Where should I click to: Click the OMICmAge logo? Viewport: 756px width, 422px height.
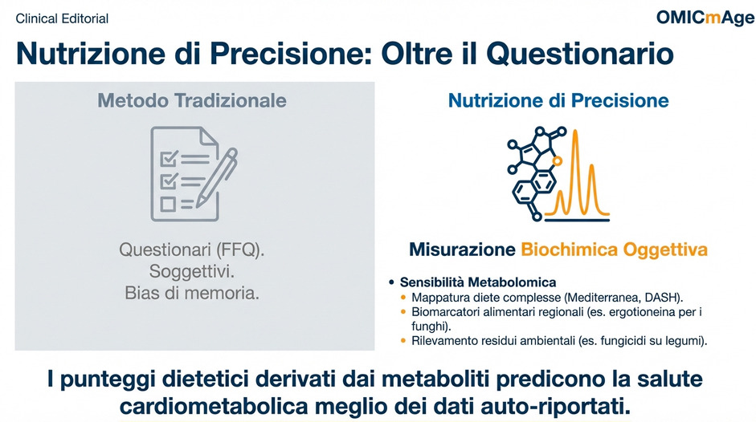point(705,18)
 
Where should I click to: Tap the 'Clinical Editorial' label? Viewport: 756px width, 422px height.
point(62,18)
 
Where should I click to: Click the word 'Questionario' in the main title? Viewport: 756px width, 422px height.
point(579,53)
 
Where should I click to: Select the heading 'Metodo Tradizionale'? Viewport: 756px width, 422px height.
point(192,100)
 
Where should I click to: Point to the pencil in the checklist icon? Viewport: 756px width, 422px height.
point(217,177)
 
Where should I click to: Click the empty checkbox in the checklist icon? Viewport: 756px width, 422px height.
point(168,205)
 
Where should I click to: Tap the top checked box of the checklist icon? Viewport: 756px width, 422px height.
point(170,159)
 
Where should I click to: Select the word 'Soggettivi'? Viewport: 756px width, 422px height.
point(190,271)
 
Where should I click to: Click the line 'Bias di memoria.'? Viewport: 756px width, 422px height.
point(192,293)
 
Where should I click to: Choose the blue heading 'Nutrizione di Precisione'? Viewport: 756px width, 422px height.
point(558,100)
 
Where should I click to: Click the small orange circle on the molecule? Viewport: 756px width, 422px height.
point(557,161)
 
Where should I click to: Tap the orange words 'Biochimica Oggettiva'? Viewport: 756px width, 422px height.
point(615,250)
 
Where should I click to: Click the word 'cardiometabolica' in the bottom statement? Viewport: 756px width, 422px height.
point(214,407)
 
